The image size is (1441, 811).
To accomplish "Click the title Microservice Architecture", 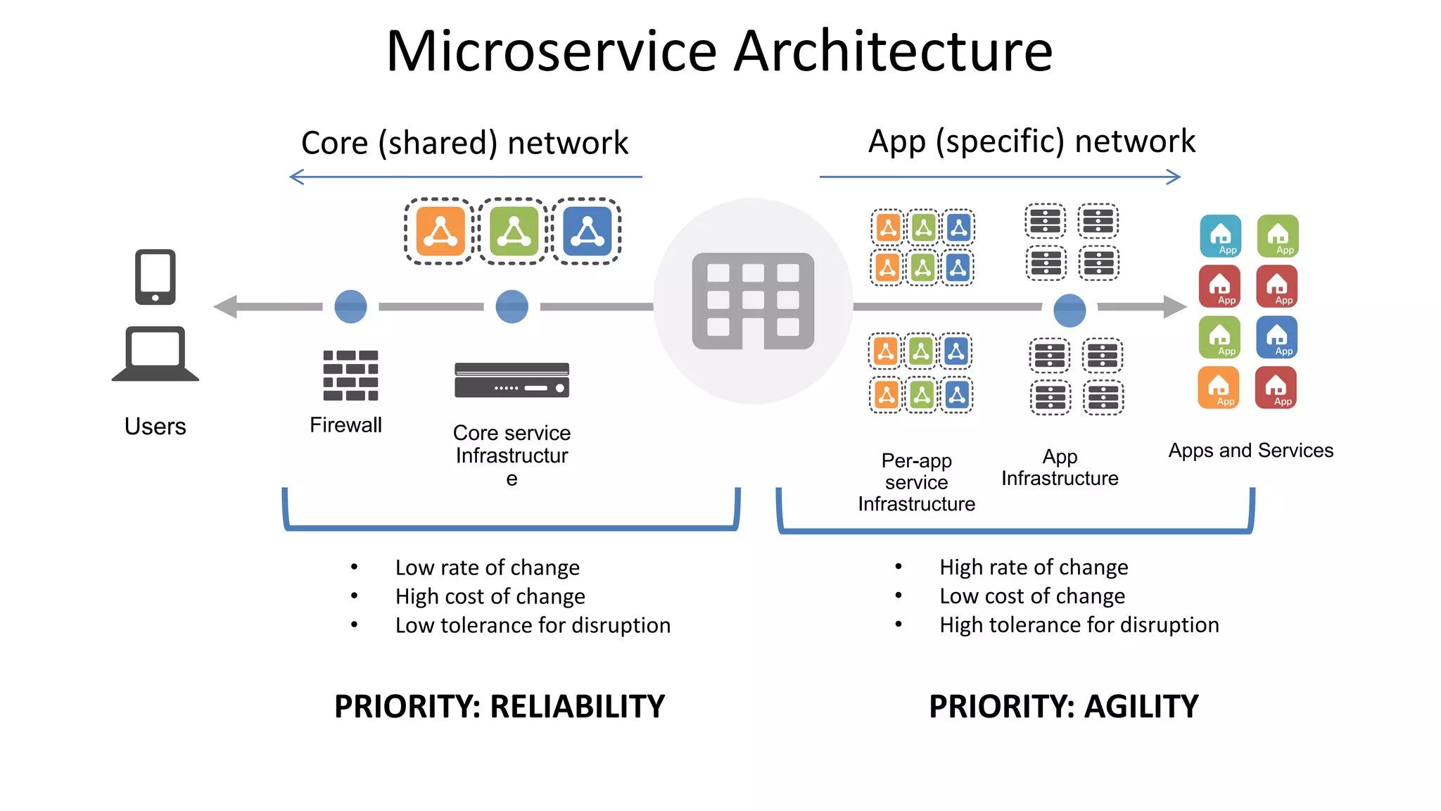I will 719,51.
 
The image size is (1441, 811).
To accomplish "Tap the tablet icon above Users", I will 155,277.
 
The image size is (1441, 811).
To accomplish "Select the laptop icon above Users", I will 155,353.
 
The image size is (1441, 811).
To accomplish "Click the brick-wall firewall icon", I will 350,375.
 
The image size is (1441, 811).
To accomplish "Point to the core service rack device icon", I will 512,380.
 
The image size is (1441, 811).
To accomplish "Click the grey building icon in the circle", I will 753,301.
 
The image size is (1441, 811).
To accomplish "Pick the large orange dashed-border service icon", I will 440,231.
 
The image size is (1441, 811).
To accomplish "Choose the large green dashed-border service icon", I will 514,231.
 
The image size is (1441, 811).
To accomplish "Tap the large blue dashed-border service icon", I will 587,231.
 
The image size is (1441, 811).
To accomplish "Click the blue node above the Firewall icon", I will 350,306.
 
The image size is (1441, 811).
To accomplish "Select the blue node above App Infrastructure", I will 1069,310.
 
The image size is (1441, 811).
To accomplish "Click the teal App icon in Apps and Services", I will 1220,236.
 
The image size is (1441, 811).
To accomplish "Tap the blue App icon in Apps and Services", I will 1277,337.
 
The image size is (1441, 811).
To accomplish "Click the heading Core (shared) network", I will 464,143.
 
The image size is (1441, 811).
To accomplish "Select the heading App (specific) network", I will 1031,142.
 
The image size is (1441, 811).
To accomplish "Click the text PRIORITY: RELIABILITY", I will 499,706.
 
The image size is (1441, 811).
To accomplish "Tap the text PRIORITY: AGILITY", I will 1063,706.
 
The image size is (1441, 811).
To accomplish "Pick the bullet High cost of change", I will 490,596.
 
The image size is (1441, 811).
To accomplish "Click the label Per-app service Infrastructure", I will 916,482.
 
